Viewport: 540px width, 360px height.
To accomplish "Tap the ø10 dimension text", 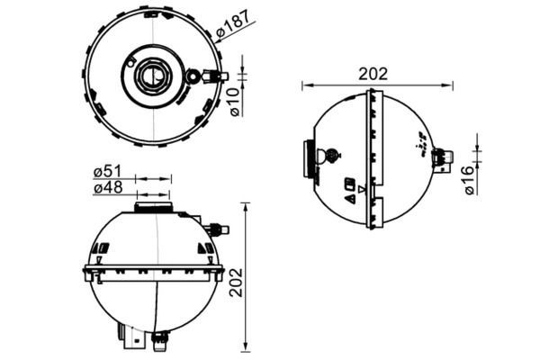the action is [x=234, y=102].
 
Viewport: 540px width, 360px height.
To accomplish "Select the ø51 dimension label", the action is [x=107, y=172].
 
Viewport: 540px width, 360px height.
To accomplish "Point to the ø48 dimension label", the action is [x=108, y=188].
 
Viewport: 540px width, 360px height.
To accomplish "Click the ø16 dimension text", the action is [x=470, y=180].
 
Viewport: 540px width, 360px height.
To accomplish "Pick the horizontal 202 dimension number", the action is [x=373, y=74].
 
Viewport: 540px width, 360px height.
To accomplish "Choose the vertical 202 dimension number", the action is [x=237, y=283].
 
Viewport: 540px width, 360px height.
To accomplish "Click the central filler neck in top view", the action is [x=153, y=76].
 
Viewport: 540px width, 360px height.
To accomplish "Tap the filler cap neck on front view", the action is [x=153, y=207].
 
